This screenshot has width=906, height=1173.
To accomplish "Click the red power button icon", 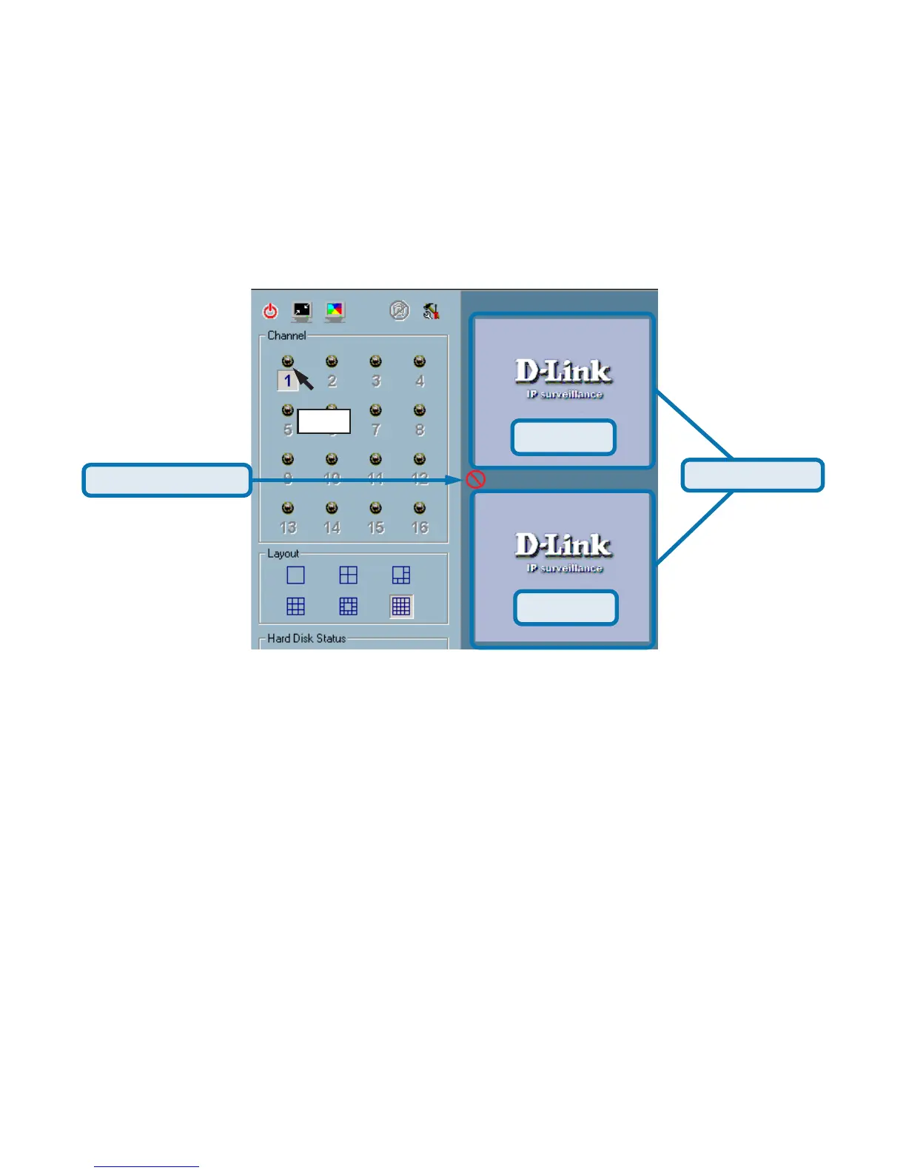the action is (x=271, y=311).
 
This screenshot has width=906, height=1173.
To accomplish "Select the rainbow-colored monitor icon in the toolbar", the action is (x=335, y=311).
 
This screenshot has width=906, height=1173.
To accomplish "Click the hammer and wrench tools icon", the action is (x=431, y=311).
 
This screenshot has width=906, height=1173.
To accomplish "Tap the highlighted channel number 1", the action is (x=287, y=381).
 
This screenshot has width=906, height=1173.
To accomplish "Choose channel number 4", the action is (x=420, y=381).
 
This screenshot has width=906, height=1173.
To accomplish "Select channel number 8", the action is (x=420, y=430).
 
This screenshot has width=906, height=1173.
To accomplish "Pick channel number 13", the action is (x=288, y=528).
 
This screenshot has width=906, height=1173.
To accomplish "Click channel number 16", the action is (x=420, y=528).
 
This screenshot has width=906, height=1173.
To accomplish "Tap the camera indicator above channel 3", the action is (x=376, y=362).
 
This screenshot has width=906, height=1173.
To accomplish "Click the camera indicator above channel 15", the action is (x=376, y=509).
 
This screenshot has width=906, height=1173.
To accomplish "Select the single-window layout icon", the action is (x=295, y=575).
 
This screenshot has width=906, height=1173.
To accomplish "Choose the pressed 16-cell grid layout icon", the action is (x=401, y=606).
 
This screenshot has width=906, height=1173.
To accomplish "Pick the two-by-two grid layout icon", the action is (x=348, y=575).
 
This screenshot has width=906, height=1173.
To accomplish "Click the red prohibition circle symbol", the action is (x=476, y=480).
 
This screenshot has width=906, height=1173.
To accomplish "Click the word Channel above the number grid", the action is (x=286, y=335).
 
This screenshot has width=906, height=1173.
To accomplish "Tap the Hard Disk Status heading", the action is (x=306, y=638).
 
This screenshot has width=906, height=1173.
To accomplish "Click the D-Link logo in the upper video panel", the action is (x=563, y=372).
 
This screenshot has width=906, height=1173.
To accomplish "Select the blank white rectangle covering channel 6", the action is (x=323, y=421).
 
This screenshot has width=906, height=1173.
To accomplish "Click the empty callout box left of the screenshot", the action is (x=167, y=480).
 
